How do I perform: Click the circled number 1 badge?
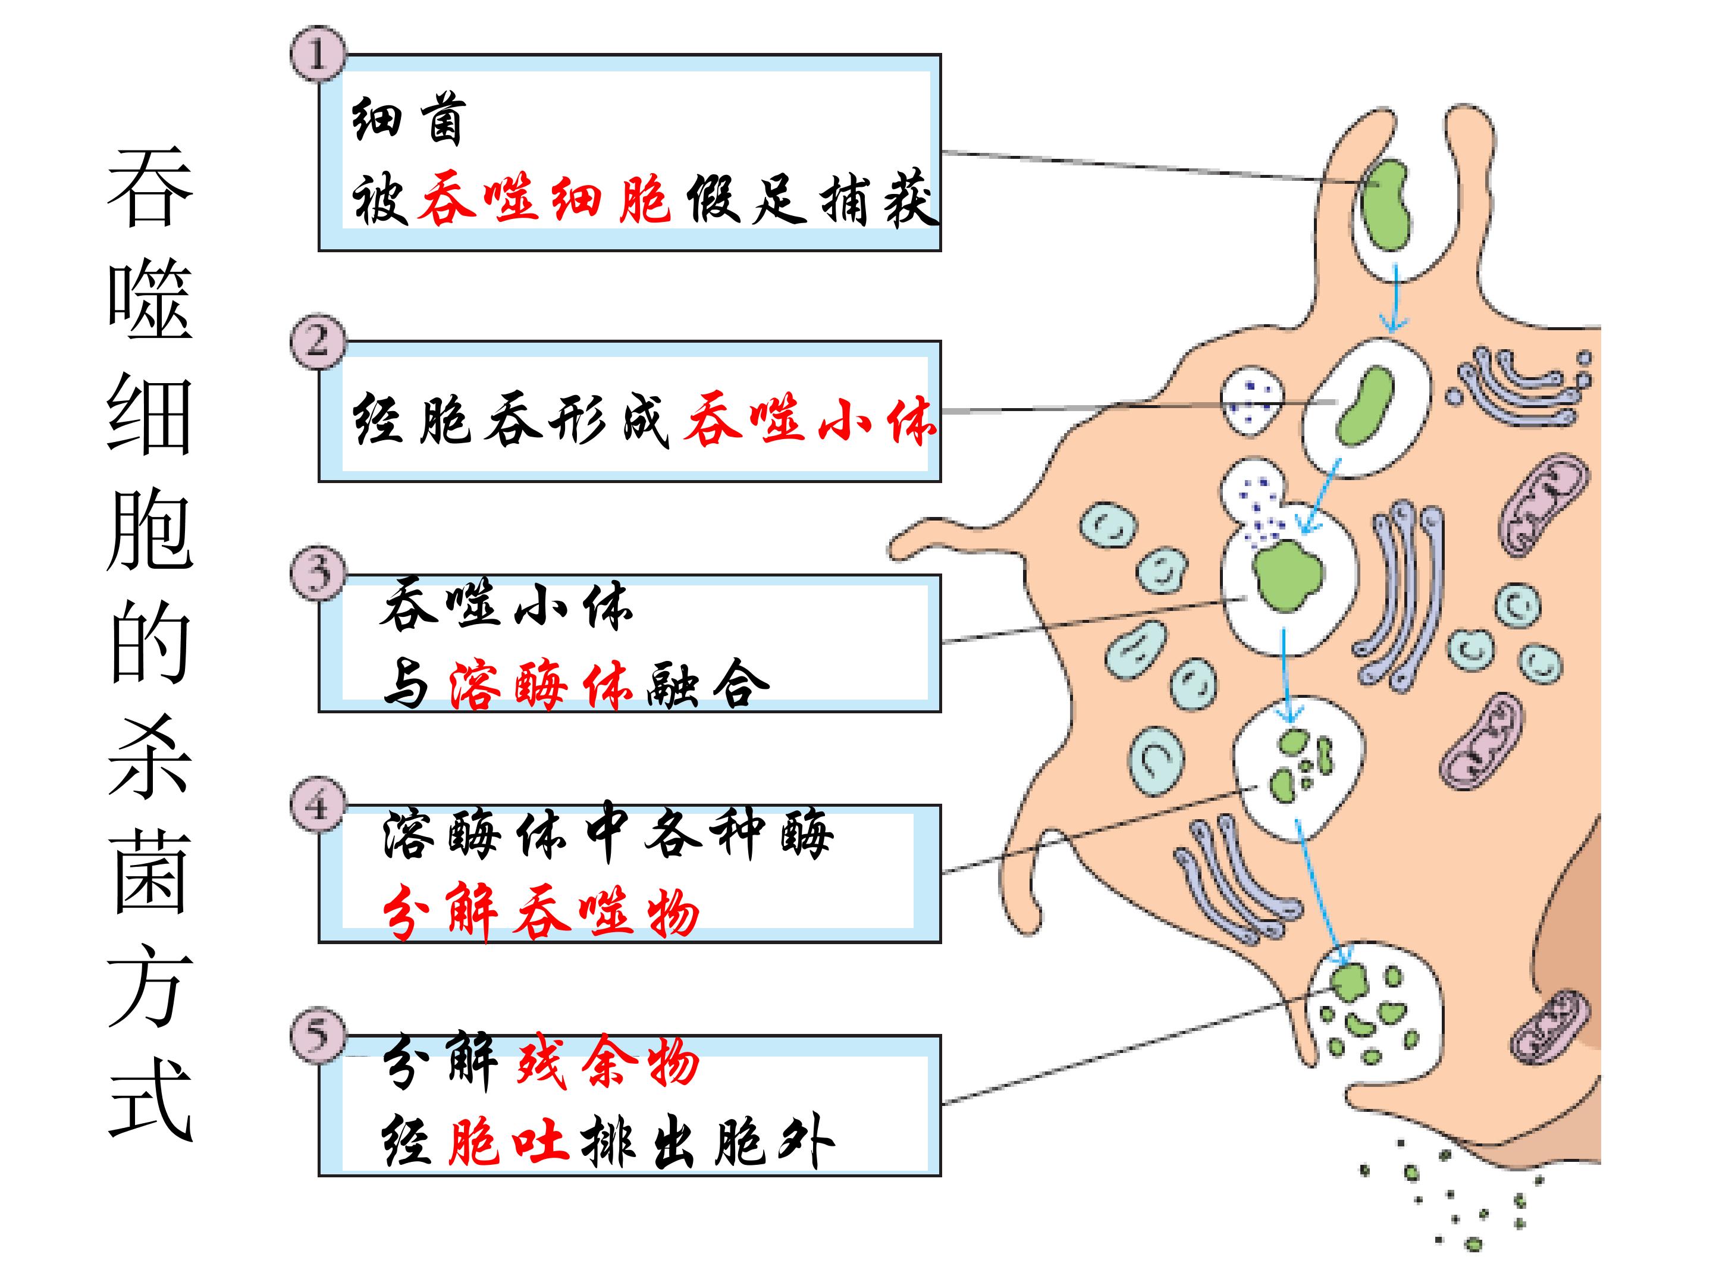(318, 54)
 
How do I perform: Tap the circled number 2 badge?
(318, 341)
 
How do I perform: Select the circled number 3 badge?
(318, 573)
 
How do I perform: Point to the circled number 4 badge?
(318, 804)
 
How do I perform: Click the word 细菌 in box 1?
(408, 120)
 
